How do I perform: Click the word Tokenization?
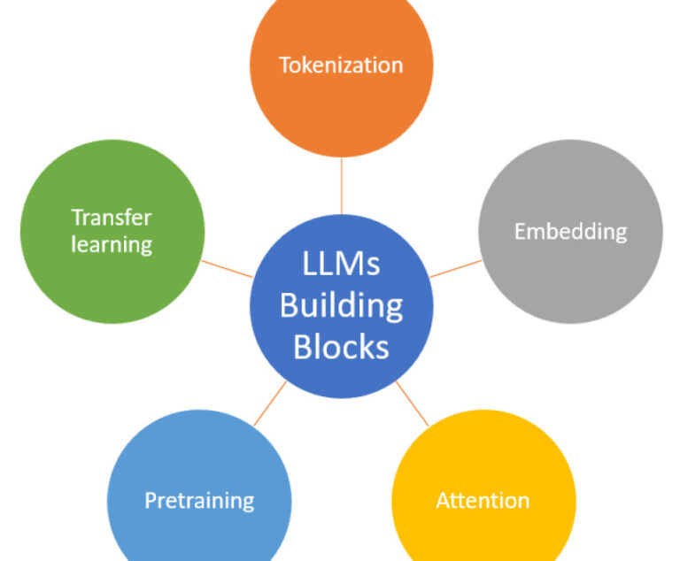coord(341,65)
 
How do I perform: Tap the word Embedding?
coord(570,232)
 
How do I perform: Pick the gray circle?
coord(570,274)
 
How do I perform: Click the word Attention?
coord(483,501)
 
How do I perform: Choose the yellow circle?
coord(483,460)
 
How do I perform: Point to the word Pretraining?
coord(199,501)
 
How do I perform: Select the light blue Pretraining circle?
coord(199,460)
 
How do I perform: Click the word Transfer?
coord(112,218)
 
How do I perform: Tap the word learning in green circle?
coord(112,244)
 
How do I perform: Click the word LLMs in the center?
coord(341,265)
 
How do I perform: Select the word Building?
coord(341,305)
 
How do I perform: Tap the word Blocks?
coord(341,346)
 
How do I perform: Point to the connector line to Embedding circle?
coord(456,268)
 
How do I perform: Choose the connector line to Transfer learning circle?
coord(227,268)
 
